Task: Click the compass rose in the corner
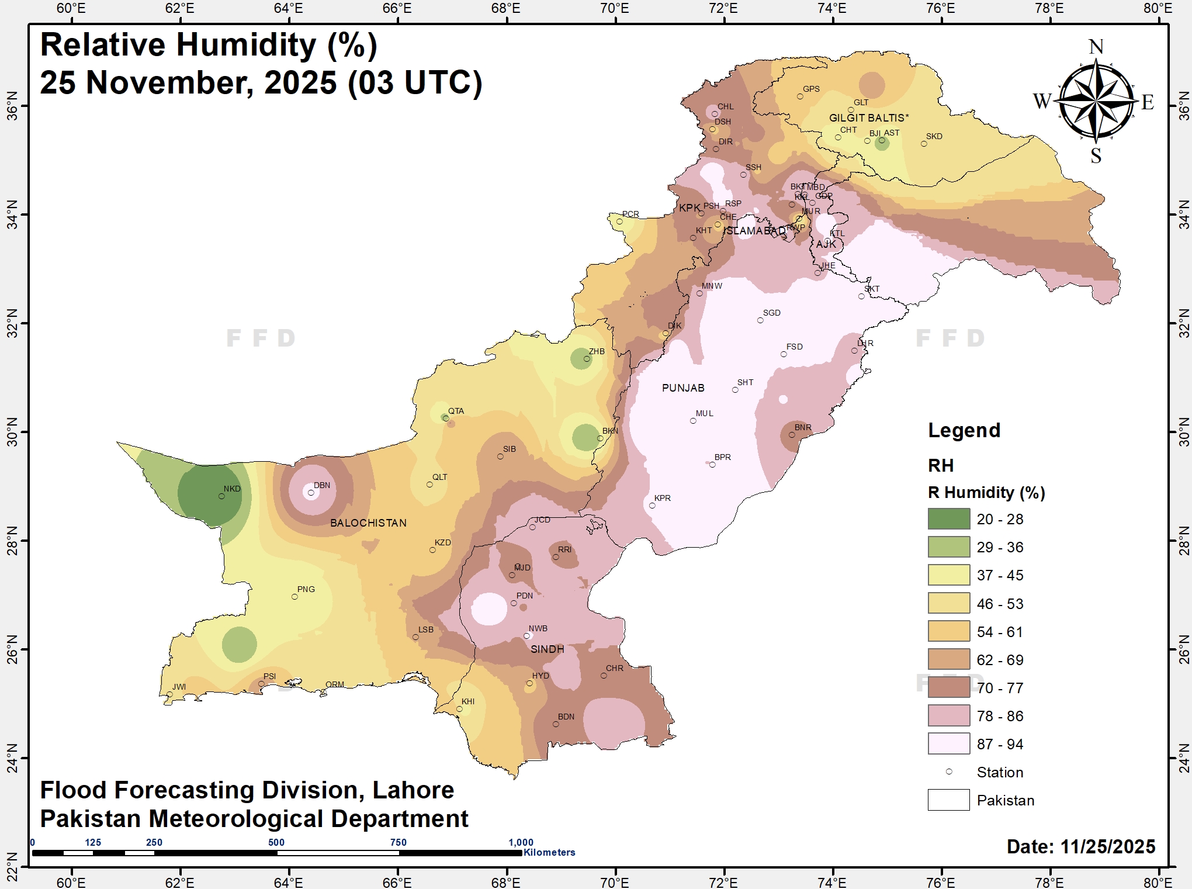point(1096,101)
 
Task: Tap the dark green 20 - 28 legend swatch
point(948,519)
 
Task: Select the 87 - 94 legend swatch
point(948,744)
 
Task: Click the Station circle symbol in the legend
point(949,772)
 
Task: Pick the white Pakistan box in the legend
point(948,800)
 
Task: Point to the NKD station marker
point(221,496)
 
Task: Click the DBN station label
point(322,485)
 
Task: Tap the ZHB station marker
point(587,359)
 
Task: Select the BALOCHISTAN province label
point(368,523)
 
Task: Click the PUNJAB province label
point(683,388)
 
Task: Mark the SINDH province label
point(548,649)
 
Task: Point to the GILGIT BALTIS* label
point(869,118)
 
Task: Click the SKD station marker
point(924,144)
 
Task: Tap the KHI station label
point(468,701)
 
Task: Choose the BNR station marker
point(792,435)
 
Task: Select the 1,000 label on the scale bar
point(521,842)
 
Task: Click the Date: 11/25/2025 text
point(1080,846)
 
